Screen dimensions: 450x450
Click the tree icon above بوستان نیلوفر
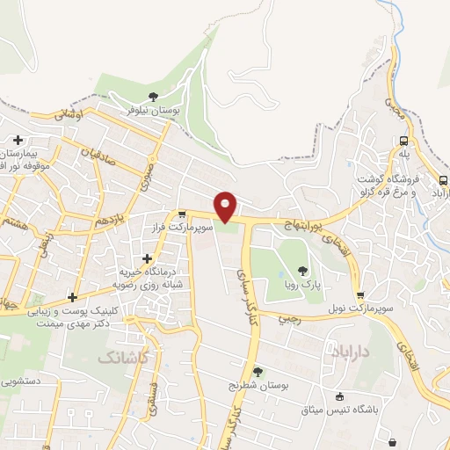154,96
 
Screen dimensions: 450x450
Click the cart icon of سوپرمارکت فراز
182,214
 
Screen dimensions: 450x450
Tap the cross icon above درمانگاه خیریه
147,258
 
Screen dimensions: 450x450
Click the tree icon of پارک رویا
303,272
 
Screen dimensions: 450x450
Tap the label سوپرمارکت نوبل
359,310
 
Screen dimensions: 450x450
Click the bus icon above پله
403,141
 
